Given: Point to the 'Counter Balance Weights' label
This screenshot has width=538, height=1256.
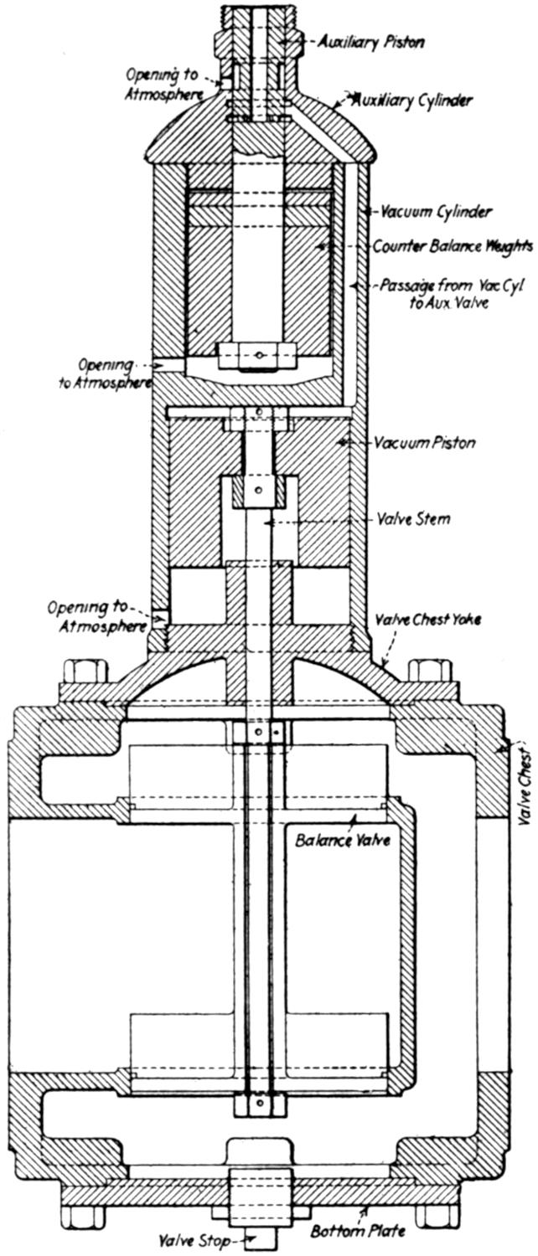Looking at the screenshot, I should point(453,246).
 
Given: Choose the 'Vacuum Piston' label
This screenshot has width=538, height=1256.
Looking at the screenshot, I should point(425,442).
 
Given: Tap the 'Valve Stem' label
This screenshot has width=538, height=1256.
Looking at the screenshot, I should point(413,519).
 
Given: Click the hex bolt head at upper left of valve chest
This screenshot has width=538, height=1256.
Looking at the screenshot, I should point(85,671).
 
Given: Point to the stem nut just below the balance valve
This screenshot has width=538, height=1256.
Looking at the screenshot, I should point(260,1104).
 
